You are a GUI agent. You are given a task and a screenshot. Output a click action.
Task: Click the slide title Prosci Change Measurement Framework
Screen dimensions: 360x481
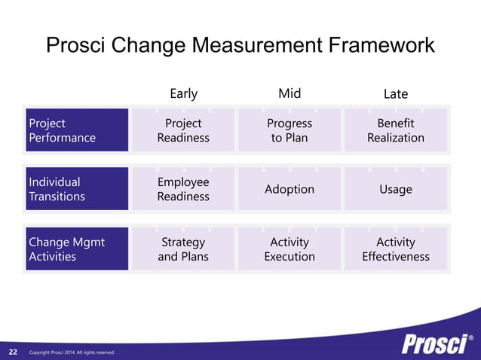pyautogui.click(x=240, y=46)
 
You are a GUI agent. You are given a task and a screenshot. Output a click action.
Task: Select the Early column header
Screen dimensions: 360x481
pyautogui.click(x=183, y=93)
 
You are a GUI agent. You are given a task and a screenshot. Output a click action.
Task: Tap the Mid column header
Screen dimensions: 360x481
pyautogui.click(x=290, y=93)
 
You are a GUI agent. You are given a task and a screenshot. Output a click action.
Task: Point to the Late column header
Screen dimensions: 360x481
pyautogui.click(x=395, y=94)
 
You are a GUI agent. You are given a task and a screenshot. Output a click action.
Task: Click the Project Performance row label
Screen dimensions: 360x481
pyautogui.click(x=76, y=130)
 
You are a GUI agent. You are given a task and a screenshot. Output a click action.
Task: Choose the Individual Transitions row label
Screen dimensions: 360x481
pyautogui.click(x=76, y=189)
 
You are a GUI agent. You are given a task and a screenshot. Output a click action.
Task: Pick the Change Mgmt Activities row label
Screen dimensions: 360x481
pyautogui.click(x=76, y=249)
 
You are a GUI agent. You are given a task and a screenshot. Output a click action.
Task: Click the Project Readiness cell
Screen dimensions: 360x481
pyautogui.click(x=183, y=130)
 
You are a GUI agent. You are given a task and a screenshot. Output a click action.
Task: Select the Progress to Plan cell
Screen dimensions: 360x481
pyautogui.click(x=290, y=130)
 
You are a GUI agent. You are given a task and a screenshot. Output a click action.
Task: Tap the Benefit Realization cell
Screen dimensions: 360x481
pyautogui.click(x=395, y=130)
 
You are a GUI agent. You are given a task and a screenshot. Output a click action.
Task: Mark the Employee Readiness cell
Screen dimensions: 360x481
pyautogui.click(x=183, y=189)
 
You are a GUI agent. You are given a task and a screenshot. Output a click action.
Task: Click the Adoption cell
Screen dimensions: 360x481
pyautogui.click(x=290, y=189)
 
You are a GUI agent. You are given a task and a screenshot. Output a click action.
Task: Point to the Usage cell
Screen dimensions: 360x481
pyautogui.click(x=395, y=189)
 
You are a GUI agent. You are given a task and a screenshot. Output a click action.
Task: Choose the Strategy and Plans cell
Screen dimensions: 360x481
pyautogui.click(x=183, y=249)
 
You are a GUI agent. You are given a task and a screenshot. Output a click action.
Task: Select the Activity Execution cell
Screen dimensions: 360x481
pyautogui.click(x=290, y=249)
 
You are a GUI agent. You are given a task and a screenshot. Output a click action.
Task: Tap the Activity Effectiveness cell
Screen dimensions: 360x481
pyautogui.click(x=395, y=249)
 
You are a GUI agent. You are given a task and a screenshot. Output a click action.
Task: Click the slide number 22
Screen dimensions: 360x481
pyautogui.click(x=13, y=352)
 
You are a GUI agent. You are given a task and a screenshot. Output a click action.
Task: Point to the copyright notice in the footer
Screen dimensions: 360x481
pyautogui.click(x=72, y=352)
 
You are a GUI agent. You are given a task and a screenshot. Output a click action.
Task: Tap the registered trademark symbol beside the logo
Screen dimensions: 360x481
pyautogui.click(x=471, y=337)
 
